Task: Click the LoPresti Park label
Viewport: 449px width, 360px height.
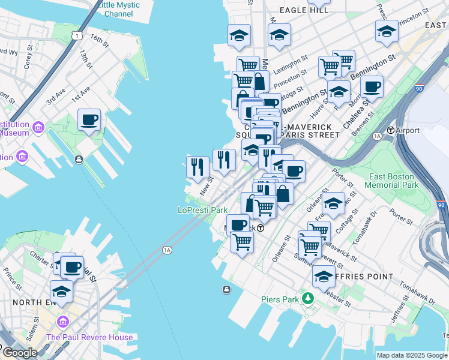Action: click(202, 211)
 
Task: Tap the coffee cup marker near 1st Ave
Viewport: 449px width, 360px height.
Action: click(89, 120)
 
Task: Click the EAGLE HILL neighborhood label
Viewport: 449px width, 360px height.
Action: click(304, 10)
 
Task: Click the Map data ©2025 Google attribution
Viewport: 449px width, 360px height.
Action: click(412, 355)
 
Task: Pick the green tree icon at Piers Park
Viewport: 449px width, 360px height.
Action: click(308, 298)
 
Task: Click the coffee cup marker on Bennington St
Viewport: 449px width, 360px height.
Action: click(372, 86)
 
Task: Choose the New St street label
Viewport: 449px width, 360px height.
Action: click(206, 185)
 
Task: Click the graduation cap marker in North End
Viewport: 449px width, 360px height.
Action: click(61, 291)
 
